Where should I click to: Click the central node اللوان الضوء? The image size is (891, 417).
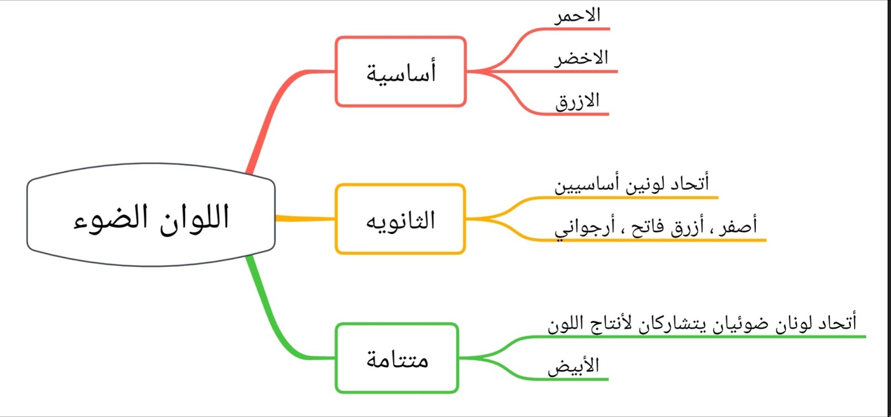(x=151, y=215)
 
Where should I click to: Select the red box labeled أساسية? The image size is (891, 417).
(x=400, y=72)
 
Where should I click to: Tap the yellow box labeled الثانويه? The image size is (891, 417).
(x=400, y=219)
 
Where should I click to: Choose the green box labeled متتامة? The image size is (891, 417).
(x=397, y=359)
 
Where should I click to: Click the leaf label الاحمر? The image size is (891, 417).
(x=577, y=15)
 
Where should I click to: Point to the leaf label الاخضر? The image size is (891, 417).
(x=581, y=58)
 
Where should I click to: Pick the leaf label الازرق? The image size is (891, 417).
(x=577, y=101)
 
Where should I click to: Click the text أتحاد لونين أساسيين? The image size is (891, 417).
(x=631, y=184)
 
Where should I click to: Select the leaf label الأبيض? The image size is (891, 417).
(x=573, y=366)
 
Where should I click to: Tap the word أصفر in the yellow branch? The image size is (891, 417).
(x=738, y=226)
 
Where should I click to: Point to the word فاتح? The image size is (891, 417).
(x=647, y=227)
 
